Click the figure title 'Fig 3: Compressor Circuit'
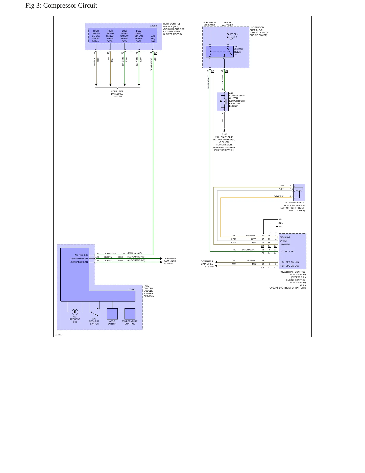[x=61, y=6]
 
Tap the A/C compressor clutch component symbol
[x=223, y=101]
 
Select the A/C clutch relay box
[x=220, y=52]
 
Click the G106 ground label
[x=224, y=134]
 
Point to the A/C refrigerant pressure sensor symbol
[x=299, y=192]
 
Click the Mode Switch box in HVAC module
[x=112, y=314]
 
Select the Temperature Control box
[x=130, y=314]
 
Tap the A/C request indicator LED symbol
[x=75, y=312]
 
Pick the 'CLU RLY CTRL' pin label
[x=287, y=251]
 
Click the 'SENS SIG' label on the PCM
[x=285, y=237]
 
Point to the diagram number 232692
[x=59, y=335]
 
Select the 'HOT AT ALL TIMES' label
[x=227, y=24]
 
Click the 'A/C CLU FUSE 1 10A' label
[x=234, y=36]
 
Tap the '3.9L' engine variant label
[x=280, y=219]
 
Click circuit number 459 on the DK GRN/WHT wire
[x=234, y=250]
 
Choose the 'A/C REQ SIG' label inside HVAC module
[x=81, y=255]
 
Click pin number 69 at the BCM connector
[x=151, y=53]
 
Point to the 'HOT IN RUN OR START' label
[x=210, y=24]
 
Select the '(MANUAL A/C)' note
[x=134, y=253]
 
